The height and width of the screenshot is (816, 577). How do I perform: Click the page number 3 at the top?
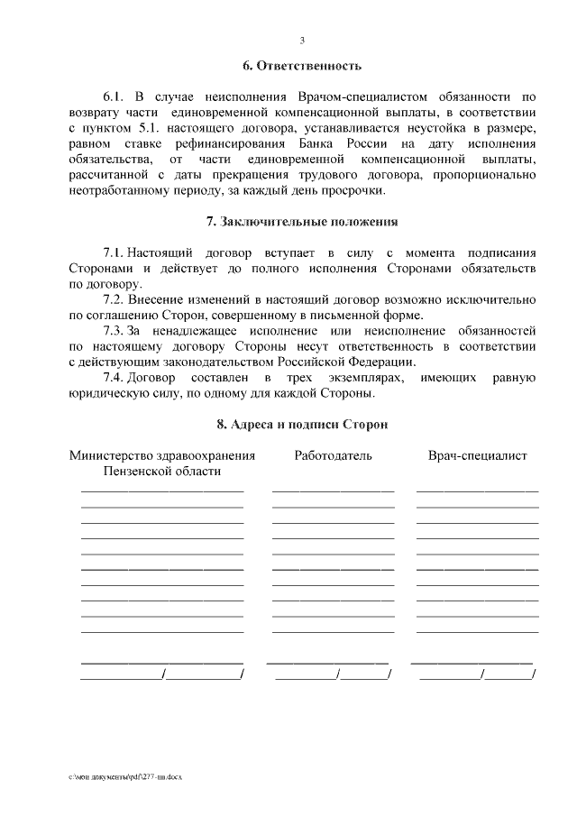point(302,41)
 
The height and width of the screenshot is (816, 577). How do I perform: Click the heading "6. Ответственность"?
point(302,66)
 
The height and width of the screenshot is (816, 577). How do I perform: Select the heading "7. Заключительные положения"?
point(302,221)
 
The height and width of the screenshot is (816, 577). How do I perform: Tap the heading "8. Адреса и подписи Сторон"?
point(302,424)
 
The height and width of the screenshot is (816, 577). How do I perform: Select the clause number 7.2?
point(113,298)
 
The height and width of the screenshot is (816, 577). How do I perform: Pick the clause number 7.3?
point(113,330)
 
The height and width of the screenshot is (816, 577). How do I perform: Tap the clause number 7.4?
point(113,377)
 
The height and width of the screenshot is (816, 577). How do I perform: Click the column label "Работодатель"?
point(333,456)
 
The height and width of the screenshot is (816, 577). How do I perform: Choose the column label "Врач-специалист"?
point(477,456)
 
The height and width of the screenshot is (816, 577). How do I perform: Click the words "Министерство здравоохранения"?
point(162,456)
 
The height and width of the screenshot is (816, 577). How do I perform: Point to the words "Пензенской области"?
point(162,472)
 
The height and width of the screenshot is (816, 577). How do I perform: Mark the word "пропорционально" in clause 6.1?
point(486,176)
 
